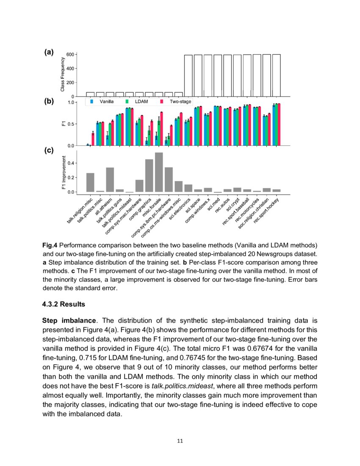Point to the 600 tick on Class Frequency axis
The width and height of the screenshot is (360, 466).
pyautogui.click(x=70, y=55)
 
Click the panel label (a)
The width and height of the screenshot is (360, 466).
pyautogui.click(x=49, y=52)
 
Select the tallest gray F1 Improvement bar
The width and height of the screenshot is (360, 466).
pyautogui.click(x=159, y=172)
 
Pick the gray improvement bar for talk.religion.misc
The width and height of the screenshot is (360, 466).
pyautogui.click(x=90, y=183)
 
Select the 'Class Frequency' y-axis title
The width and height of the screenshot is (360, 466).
pyautogui.click(x=63, y=75)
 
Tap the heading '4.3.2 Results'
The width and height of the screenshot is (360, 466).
pyautogui.click(x=64, y=304)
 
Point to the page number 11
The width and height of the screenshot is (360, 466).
pyautogui.click(x=180, y=441)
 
